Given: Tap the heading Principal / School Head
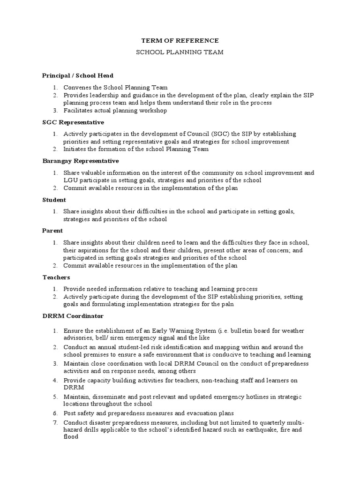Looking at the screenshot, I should tap(77, 75).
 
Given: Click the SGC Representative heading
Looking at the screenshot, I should tap(73, 122).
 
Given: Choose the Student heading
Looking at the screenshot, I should tap(54, 199).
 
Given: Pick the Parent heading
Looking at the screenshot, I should tap(52, 231).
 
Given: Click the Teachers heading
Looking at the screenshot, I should tap(56, 277).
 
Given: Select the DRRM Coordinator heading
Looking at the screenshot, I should tap(73, 316).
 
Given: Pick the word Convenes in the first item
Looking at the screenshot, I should tap(78, 87).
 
